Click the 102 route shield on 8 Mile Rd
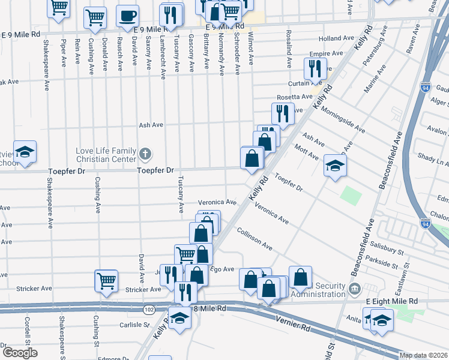[x=149, y=310]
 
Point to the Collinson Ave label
[x=254, y=239]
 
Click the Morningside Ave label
[x=342, y=119]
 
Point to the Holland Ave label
[x=337, y=38]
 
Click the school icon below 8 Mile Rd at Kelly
[x=179, y=317]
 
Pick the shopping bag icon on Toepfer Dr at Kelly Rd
[x=252, y=158]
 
